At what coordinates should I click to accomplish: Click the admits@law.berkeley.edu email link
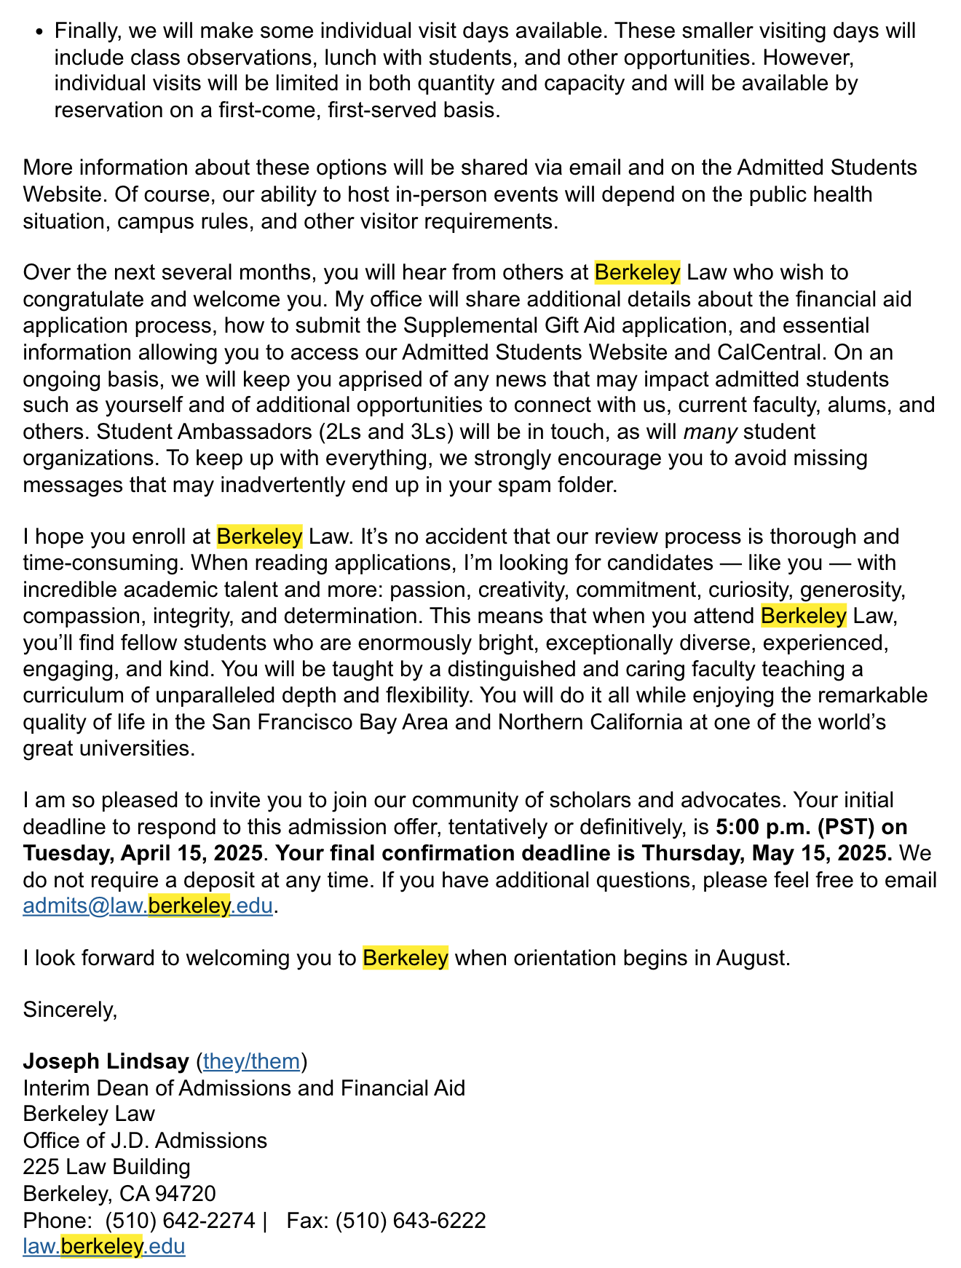(148, 906)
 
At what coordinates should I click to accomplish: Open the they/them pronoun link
(251, 1061)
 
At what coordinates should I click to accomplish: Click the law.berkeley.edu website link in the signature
(104, 1246)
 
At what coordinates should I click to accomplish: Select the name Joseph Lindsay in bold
(106, 1061)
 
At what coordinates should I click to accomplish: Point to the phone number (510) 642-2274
(180, 1220)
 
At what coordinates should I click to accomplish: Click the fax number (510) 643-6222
(410, 1220)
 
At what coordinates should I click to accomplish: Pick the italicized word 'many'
(710, 432)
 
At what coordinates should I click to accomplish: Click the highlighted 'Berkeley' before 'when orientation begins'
(406, 957)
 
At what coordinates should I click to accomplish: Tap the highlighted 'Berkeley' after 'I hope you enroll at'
(259, 537)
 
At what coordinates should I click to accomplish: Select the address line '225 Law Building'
(106, 1167)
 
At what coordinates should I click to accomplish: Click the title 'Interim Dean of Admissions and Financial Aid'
(244, 1088)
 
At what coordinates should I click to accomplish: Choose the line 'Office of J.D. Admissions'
(145, 1141)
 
